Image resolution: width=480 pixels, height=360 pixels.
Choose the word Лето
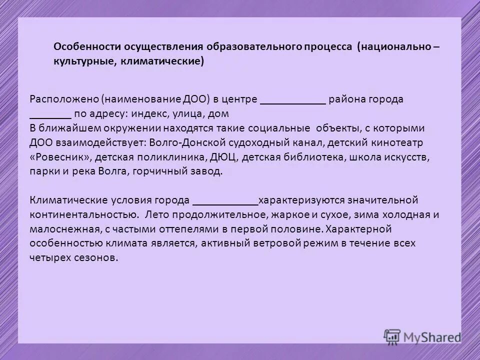point(156,215)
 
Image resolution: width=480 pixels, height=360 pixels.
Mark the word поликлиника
point(182,157)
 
